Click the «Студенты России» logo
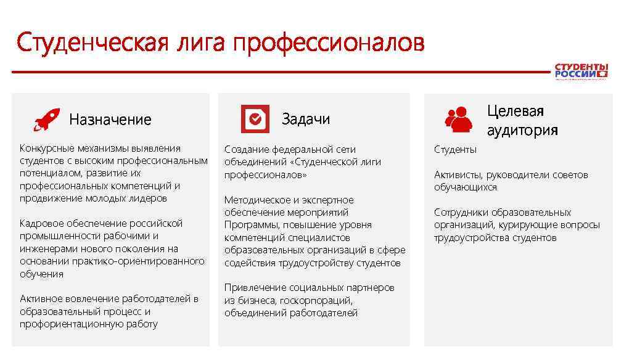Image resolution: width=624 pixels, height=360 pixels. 581,71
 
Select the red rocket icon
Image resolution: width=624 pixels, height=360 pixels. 46,119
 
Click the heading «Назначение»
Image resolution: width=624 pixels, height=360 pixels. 110,120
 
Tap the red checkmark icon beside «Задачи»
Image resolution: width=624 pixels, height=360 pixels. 255,119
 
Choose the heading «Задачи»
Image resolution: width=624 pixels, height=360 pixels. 306,119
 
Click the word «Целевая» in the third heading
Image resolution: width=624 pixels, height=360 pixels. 515,111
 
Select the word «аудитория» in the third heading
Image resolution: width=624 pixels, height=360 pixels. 522,130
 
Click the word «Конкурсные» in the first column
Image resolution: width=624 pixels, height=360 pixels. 47,149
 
